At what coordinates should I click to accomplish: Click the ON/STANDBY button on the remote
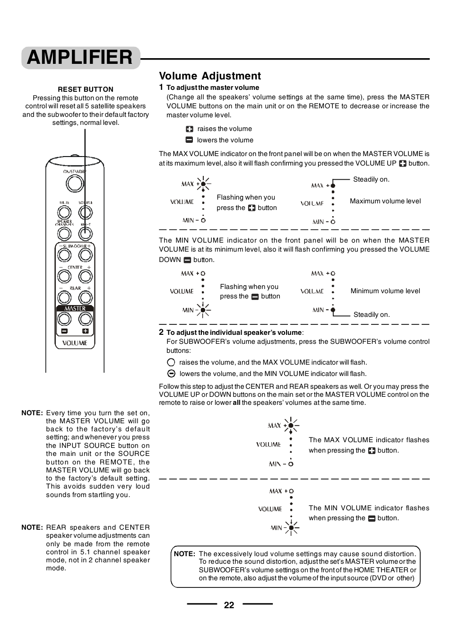74,183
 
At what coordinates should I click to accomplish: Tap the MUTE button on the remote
64,212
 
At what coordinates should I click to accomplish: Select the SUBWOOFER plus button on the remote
85,255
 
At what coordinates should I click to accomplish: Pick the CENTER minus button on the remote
64,277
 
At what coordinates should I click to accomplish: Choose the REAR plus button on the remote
85,297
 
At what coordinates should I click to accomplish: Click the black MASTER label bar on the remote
75,308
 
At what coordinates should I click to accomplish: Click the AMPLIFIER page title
80,58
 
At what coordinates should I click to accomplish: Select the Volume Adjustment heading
209,76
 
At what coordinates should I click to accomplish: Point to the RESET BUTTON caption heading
86,89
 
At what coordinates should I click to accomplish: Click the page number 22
229,605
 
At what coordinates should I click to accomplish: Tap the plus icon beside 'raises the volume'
190,129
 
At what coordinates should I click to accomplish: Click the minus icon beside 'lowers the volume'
189,140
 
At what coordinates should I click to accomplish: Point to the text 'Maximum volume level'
385,201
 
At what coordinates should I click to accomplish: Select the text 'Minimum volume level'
385,291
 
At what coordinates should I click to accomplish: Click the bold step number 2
161,332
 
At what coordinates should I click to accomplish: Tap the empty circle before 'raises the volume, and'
171,362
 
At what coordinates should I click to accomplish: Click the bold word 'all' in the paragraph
236,403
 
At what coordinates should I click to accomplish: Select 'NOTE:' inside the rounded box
184,554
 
